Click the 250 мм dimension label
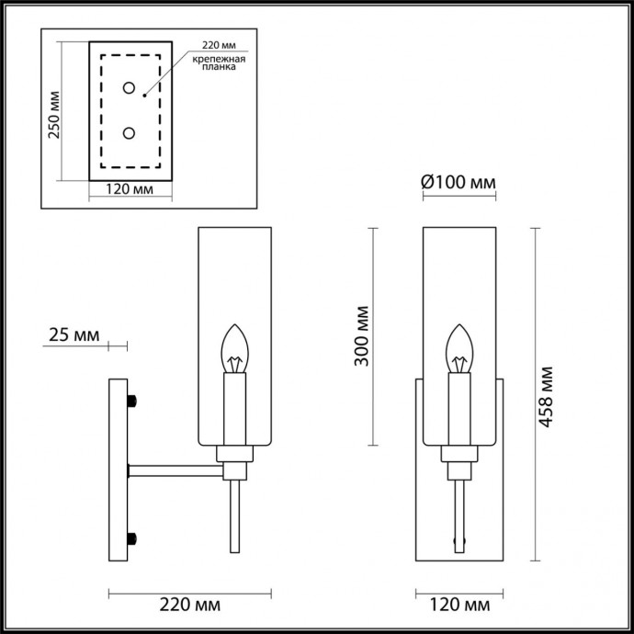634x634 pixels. coord(54,115)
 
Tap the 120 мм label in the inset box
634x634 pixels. coord(129,191)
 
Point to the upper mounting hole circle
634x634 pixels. coord(130,89)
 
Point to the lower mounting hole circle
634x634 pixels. coord(130,134)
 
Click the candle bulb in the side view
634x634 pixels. coord(236,349)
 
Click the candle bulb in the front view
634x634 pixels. coord(458,349)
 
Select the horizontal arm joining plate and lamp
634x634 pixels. coord(175,470)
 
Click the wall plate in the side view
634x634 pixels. coord(119,469)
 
